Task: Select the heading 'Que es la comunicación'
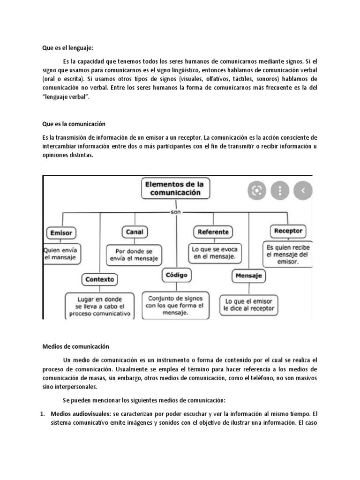pos(74,124)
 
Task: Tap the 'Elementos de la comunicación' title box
pos(175,188)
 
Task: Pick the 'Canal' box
pos(135,232)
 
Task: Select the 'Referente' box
pos(213,232)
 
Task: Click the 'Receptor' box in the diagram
pos(288,231)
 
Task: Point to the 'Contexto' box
pos(100,279)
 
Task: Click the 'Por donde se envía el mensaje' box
pos(135,255)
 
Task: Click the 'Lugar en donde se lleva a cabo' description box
pos(100,306)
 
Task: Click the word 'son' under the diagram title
pos(176,212)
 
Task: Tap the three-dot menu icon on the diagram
pos(280,190)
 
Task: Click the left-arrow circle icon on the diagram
pos(303,190)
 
